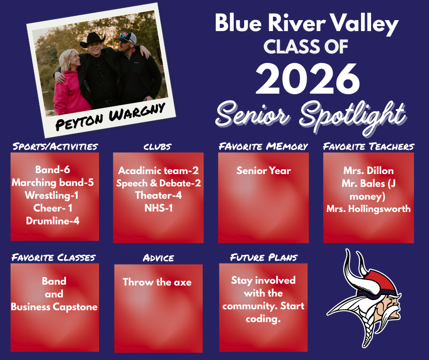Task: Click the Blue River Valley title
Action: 307,24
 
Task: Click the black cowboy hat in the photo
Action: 93,40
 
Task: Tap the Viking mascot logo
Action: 365,292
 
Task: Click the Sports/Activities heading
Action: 55,147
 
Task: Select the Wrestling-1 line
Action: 53,196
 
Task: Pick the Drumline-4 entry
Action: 53,221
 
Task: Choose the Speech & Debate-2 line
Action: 158,183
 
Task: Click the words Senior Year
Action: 263,171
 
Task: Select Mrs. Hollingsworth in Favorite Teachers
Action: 368,209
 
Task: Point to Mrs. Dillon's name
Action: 368,171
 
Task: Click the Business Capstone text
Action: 54,307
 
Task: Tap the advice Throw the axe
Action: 157,282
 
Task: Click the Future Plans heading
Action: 263,257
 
